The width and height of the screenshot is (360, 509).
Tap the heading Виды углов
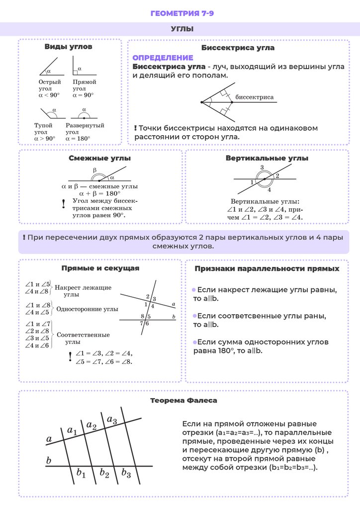pos(69,47)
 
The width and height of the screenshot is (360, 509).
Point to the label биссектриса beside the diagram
pos(254,97)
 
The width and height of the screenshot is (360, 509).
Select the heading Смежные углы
pos(99,158)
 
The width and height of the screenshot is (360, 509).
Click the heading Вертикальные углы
pos(267,158)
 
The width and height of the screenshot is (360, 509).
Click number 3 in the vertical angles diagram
pos(262,168)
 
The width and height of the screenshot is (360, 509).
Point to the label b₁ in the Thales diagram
pos(81,473)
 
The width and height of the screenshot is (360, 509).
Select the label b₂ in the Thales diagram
pos(104,473)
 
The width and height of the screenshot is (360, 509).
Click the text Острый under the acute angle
pos(50,82)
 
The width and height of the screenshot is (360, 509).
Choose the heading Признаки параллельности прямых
pos(267,268)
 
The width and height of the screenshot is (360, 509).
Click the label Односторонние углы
pos(88,309)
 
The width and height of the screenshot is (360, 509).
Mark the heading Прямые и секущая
pos(100,268)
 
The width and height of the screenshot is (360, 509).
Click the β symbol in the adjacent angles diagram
pos(94,170)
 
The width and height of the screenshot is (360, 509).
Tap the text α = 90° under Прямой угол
pos(83,95)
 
